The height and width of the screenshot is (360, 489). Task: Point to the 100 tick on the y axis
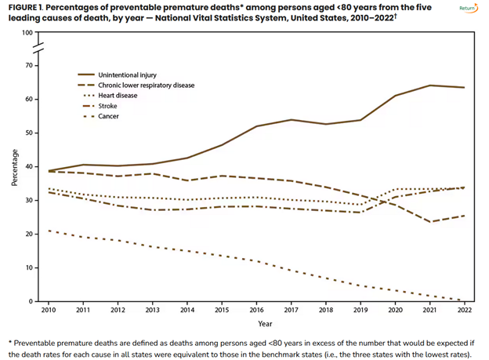(27, 33)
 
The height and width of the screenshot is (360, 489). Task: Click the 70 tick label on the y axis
(29, 66)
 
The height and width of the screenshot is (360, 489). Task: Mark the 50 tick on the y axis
(29, 133)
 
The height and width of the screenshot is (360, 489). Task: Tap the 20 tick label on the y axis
(29, 235)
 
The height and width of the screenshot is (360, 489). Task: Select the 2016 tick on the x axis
(257, 311)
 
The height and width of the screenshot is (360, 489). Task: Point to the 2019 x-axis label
(360, 311)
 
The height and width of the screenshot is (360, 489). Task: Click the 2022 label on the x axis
(464, 311)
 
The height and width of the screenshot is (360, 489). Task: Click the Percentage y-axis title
(14, 167)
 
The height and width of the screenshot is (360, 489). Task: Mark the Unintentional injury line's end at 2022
(464, 87)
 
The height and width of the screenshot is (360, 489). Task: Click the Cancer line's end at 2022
(464, 300)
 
